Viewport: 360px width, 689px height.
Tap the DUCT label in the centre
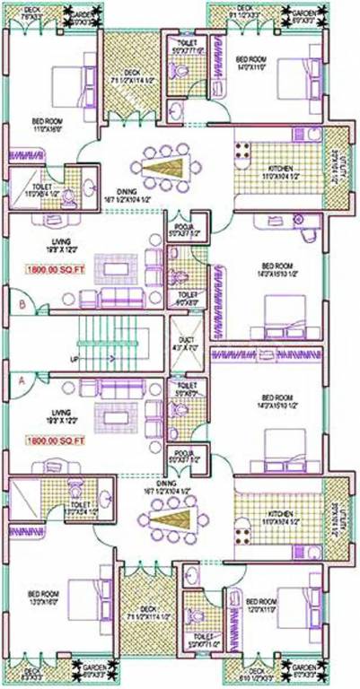tap(187, 340)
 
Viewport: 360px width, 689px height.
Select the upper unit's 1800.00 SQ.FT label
tap(55, 266)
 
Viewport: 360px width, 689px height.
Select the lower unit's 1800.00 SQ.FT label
tap(55, 440)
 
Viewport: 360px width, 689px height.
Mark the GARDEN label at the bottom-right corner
tap(301, 669)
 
